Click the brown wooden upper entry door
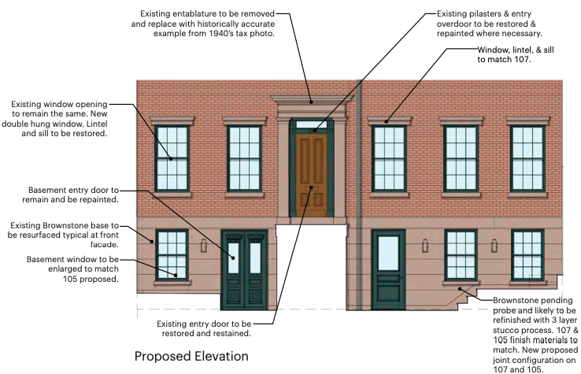[312, 175]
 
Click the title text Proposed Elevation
[191, 356]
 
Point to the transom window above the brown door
[312, 124]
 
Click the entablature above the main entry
[313, 102]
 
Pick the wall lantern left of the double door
[204, 246]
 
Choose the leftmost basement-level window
[172, 254]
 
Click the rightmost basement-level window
[527, 254]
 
